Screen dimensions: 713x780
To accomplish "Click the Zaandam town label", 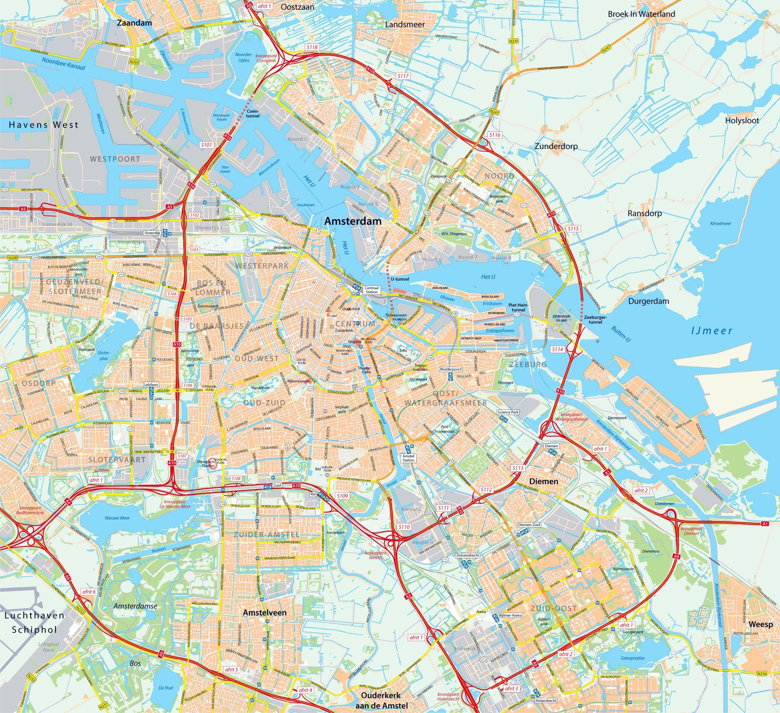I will [x=134, y=23].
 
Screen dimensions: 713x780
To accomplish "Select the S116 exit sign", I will [x=494, y=135].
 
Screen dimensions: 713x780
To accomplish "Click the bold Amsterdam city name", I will [x=353, y=221].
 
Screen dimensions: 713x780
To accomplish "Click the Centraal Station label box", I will [x=372, y=289].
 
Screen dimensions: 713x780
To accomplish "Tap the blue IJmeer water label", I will [x=712, y=331].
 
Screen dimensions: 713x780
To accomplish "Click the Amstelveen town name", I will [x=265, y=613].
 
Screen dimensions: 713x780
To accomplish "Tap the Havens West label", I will [x=44, y=125].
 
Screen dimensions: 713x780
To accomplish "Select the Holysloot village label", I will [x=742, y=120].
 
